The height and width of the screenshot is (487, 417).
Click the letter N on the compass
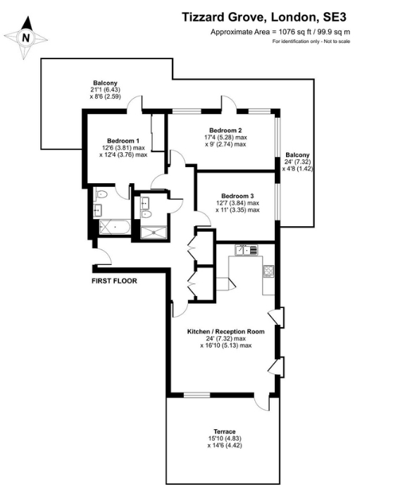[x=26, y=38]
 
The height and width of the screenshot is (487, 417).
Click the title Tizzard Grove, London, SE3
[x=263, y=17]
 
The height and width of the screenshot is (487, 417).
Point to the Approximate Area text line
[x=280, y=32]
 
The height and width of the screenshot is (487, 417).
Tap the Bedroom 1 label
[x=123, y=141]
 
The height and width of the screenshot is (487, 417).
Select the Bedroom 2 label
[x=225, y=130]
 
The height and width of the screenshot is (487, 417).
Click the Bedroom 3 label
[x=237, y=196]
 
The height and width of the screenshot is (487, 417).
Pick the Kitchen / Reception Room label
[x=225, y=331]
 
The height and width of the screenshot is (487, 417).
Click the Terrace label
[x=225, y=431]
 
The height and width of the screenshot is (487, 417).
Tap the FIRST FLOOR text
[x=114, y=281]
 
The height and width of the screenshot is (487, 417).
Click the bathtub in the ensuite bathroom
[x=115, y=227]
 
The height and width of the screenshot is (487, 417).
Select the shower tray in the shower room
[x=154, y=233]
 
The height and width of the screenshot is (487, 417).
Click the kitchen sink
[x=247, y=249]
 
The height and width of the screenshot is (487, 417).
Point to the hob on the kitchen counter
[x=268, y=271]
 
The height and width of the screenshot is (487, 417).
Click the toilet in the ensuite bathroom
[x=101, y=195]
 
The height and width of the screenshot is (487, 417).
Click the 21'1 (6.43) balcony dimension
[x=105, y=90]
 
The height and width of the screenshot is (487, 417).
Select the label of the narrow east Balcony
[x=297, y=154]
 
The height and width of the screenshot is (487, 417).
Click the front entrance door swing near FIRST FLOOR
[x=104, y=257]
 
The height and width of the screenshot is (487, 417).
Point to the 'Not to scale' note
[x=337, y=42]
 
